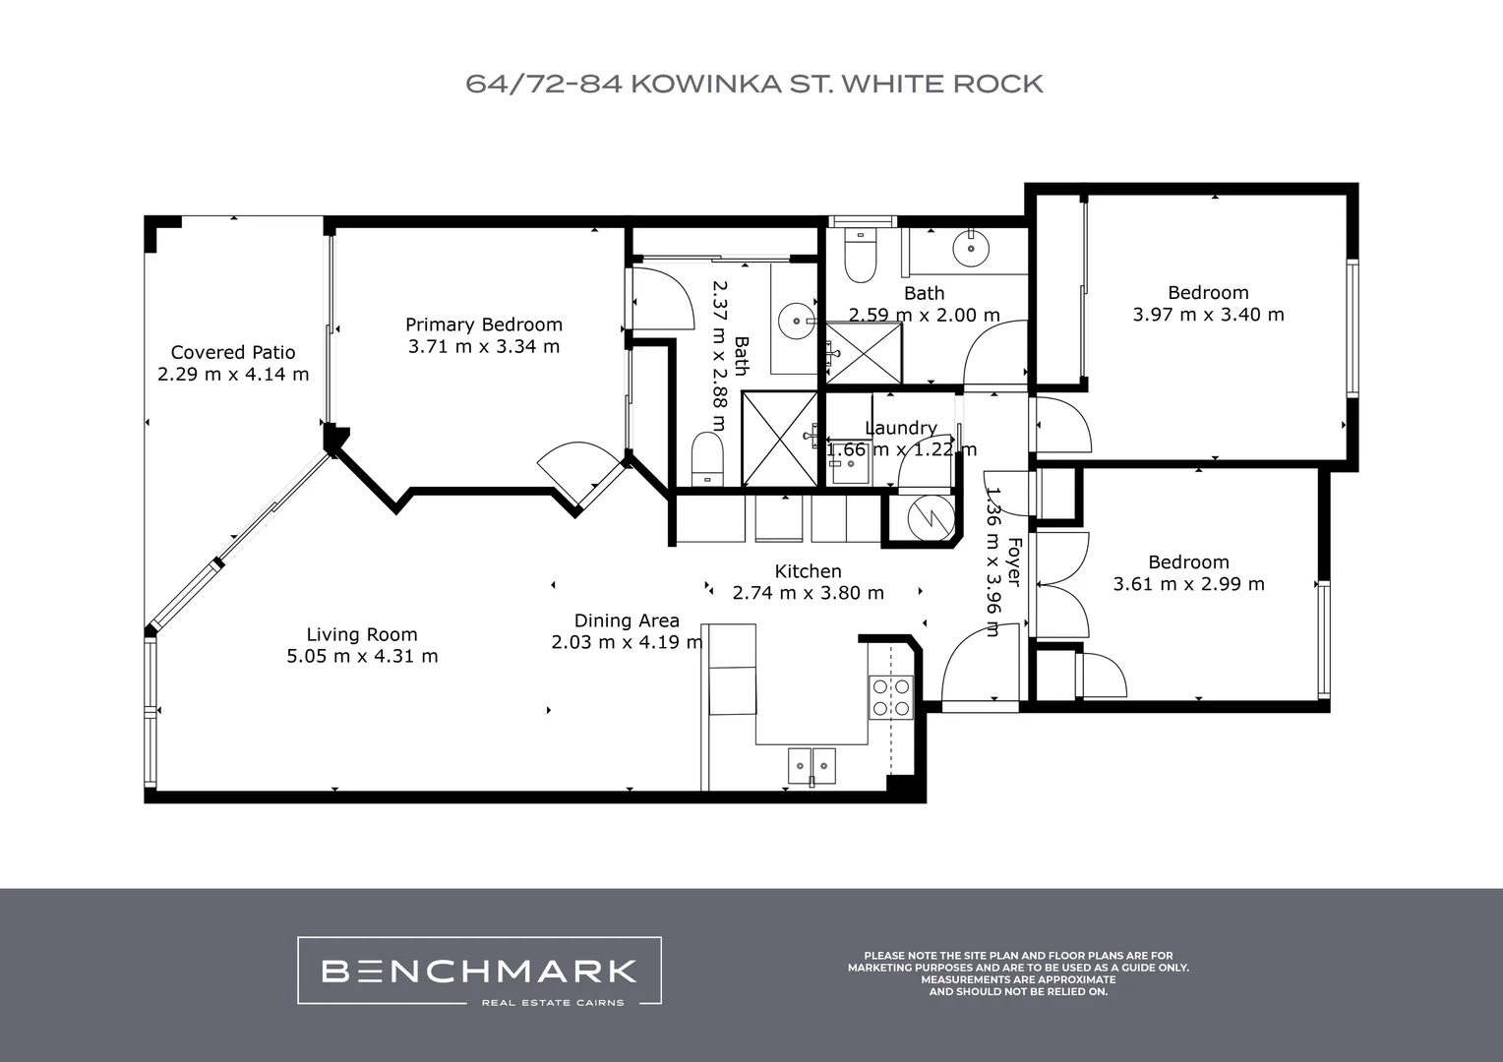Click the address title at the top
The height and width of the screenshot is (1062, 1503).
pyautogui.click(x=753, y=84)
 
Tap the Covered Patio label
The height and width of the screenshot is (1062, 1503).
pyautogui.click(x=233, y=352)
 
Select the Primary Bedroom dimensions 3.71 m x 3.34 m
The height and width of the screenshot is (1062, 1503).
pyautogui.click(x=484, y=346)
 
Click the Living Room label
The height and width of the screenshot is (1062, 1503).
pyautogui.click(x=362, y=634)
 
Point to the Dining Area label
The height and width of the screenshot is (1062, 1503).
pyautogui.click(x=627, y=620)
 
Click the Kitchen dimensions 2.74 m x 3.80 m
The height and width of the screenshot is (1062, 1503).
pyautogui.click(x=808, y=593)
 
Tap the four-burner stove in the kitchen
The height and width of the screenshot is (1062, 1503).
pyautogui.click(x=890, y=696)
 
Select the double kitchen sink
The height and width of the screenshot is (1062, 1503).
pyautogui.click(x=811, y=763)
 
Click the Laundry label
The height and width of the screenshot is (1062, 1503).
pyautogui.click(x=900, y=428)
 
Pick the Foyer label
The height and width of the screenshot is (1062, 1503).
pyautogui.click(x=1014, y=562)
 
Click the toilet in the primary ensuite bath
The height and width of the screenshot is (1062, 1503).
pyautogui.click(x=707, y=457)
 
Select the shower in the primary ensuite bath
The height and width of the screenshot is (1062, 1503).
pyautogui.click(x=779, y=439)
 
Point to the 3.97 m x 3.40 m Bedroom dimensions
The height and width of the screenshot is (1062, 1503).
pyautogui.click(x=1208, y=315)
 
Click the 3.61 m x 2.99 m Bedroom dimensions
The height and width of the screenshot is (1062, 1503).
pyautogui.click(x=1188, y=584)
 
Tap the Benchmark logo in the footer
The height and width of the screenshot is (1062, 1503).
pyautogui.click(x=479, y=972)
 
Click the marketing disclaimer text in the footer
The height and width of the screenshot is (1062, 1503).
pyautogui.click(x=1018, y=973)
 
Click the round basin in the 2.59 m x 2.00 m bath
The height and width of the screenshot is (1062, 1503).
pyautogui.click(x=971, y=247)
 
